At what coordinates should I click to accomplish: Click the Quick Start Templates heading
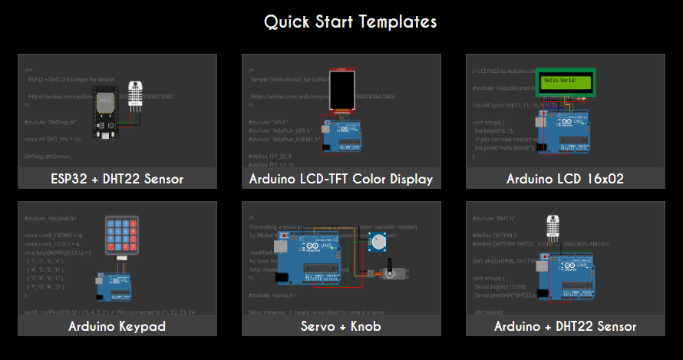(350, 21)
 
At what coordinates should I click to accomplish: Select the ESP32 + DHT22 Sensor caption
(117, 179)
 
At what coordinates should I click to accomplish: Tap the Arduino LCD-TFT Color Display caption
(341, 179)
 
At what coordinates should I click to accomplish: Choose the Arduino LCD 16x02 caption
(565, 179)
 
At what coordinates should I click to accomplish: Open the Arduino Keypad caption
(117, 326)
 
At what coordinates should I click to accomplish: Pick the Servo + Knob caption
(341, 326)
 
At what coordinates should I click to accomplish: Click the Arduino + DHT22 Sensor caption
(565, 326)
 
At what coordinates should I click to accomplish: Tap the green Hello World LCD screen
(566, 81)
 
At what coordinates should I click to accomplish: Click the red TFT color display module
(341, 91)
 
